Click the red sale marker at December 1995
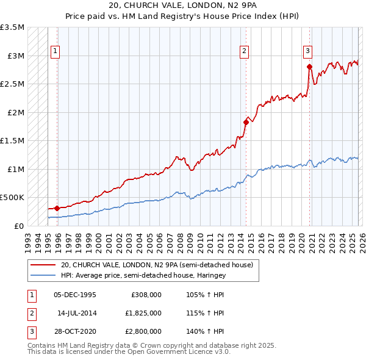[x=57, y=209]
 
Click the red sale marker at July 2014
[x=246, y=122]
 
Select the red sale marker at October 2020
[x=309, y=67]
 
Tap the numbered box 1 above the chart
[x=56, y=51]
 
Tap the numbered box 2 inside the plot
[x=244, y=51]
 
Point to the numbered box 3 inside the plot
[x=308, y=51]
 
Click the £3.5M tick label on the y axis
[x=12, y=28]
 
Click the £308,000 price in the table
[x=146, y=295]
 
